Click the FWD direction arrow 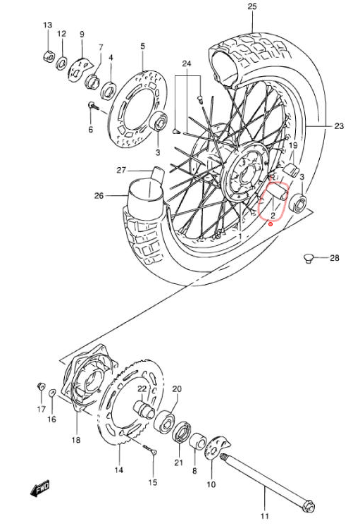pos(39,488)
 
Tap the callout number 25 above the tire pos(252,6)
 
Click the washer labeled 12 pos(61,62)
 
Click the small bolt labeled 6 pos(93,106)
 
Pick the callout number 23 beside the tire pos(339,126)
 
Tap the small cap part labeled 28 pos(308,258)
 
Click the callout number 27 pos(121,170)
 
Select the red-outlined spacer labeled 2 pos(278,192)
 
